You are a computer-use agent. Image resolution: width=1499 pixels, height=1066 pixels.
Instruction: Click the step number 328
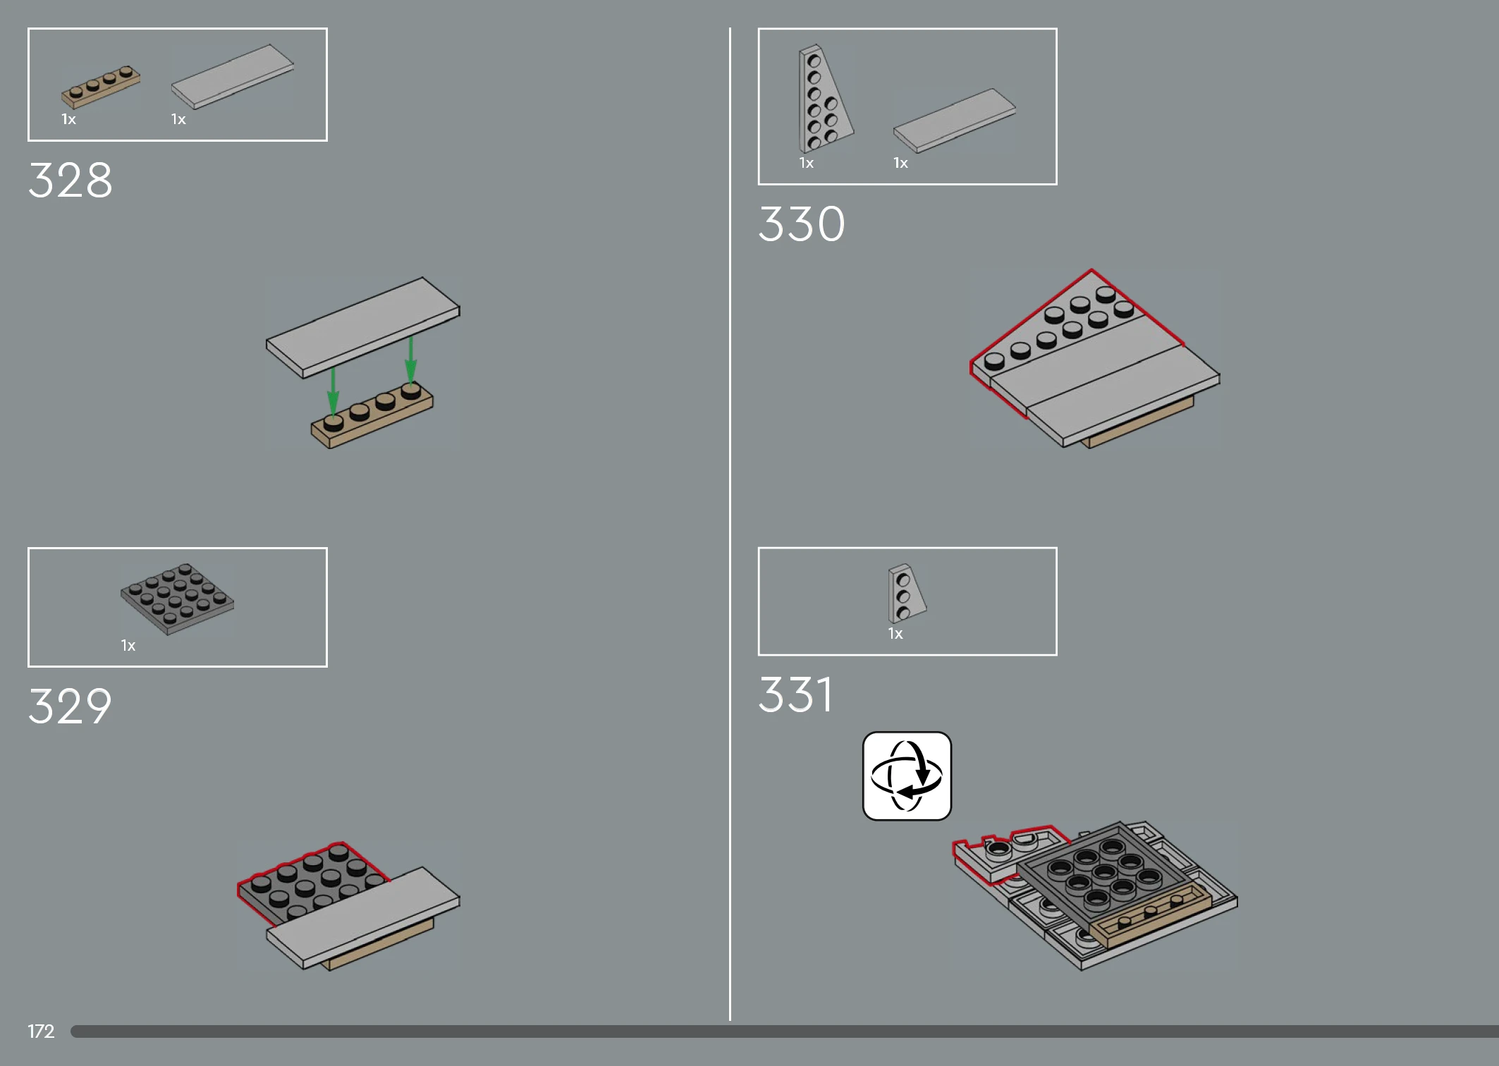click(x=70, y=180)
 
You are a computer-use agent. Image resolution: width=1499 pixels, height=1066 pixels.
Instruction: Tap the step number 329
click(x=70, y=706)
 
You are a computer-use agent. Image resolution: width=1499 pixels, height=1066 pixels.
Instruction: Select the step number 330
click(x=802, y=224)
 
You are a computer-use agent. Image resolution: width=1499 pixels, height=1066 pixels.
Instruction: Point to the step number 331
click(x=795, y=694)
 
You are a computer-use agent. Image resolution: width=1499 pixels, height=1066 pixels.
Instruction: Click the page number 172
click(x=41, y=1031)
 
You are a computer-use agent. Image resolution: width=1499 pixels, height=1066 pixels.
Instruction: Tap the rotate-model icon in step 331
click(x=907, y=776)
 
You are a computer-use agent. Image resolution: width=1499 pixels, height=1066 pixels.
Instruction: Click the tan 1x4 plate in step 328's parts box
click(x=101, y=87)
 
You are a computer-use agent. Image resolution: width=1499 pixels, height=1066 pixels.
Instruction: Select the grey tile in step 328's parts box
click(x=233, y=76)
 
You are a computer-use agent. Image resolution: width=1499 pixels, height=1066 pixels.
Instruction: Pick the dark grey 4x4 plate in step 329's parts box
click(x=177, y=599)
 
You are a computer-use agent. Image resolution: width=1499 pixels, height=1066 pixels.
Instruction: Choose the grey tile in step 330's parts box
click(x=955, y=120)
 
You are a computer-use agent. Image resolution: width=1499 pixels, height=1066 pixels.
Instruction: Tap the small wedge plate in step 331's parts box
click(x=906, y=593)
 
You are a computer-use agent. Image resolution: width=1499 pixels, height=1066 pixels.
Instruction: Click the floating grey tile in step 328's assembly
click(x=362, y=326)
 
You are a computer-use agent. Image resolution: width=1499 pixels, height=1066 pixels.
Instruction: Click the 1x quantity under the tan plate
click(x=68, y=119)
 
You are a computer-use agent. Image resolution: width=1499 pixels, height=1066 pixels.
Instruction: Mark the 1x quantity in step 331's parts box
click(x=895, y=634)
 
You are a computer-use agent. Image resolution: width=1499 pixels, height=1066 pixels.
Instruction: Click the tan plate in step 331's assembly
click(x=1151, y=914)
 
